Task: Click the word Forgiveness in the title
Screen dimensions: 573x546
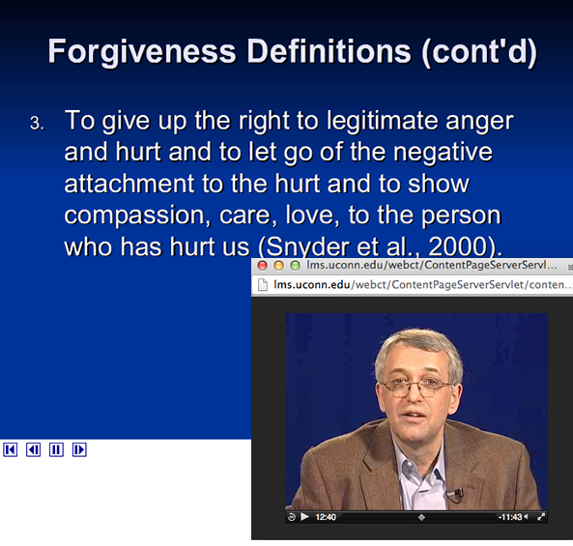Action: [x=142, y=53]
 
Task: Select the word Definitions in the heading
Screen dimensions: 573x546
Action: [x=329, y=51]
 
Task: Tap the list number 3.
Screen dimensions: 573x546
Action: [x=37, y=123]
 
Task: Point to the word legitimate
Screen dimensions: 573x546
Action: [x=382, y=122]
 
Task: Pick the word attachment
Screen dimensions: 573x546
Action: [x=129, y=184]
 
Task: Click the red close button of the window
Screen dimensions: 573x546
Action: [x=262, y=266]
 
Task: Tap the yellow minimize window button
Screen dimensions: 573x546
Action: [x=278, y=266]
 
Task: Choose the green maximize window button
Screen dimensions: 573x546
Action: [x=295, y=266]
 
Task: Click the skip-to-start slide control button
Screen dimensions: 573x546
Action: [x=11, y=449]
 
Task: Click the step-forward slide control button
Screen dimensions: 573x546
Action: [x=79, y=449]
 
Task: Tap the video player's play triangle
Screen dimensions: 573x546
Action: [x=304, y=517]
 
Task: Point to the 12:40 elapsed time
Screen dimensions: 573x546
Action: [x=326, y=517]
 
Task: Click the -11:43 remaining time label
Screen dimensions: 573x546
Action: [x=510, y=517]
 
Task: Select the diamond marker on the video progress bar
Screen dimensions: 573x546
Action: [x=421, y=518]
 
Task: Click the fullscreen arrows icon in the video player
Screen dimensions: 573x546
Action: [x=541, y=517]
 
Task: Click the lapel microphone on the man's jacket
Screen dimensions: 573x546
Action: [x=458, y=493]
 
